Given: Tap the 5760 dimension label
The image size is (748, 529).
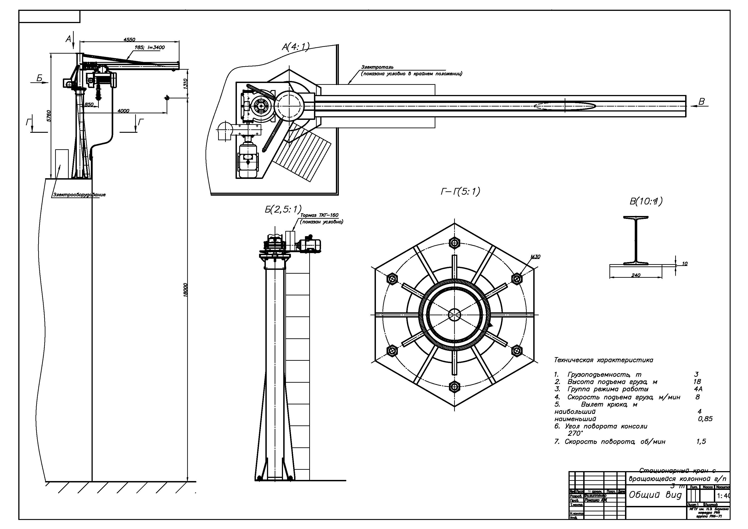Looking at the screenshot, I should [49, 116].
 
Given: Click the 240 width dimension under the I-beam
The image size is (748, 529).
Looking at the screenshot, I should [636, 275].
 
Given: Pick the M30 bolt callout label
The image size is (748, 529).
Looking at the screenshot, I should [535, 256].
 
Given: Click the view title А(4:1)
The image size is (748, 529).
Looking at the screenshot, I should [295, 47].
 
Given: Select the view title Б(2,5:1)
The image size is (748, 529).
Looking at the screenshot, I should [283, 209].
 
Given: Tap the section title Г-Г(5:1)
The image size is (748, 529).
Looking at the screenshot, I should [460, 191].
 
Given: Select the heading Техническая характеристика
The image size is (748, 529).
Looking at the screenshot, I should [603, 360].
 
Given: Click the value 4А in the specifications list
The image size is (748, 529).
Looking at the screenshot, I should [698, 389].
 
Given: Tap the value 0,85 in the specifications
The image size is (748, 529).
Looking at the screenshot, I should [705, 419].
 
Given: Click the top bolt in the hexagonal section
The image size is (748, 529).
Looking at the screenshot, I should [454, 242].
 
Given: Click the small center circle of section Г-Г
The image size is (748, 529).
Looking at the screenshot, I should [454, 315].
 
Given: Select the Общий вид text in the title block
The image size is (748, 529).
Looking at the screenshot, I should [655, 495].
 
